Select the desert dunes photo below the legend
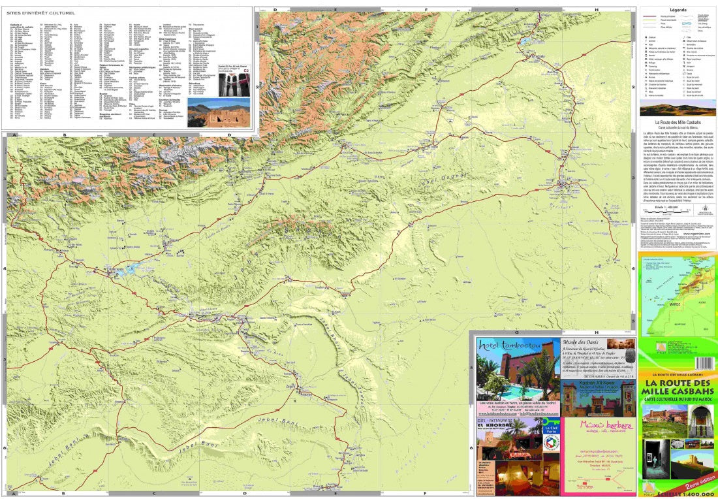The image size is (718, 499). [677, 110]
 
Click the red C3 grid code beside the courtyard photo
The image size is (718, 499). [247, 67]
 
